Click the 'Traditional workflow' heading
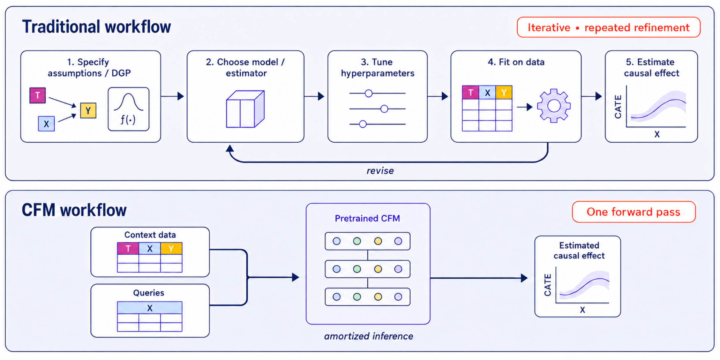[96, 27]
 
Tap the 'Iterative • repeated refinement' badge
[608, 27]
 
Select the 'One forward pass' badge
[634, 212]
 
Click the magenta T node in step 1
[37, 95]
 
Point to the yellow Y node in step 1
[88, 111]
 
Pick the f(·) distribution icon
[128, 109]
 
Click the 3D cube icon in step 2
[245, 109]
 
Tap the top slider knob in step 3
[369, 93]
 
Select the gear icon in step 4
[554, 106]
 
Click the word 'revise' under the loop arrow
[380, 171]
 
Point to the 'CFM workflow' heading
[74, 210]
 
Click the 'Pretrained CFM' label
[367, 218]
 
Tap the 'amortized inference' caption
[369, 336]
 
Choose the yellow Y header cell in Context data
[171, 248]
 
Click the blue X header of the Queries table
[150, 308]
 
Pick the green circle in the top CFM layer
[357, 241]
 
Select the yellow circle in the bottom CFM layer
[378, 297]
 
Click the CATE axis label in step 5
[618, 107]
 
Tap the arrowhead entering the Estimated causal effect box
[524, 278]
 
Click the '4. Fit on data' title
[516, 62]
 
